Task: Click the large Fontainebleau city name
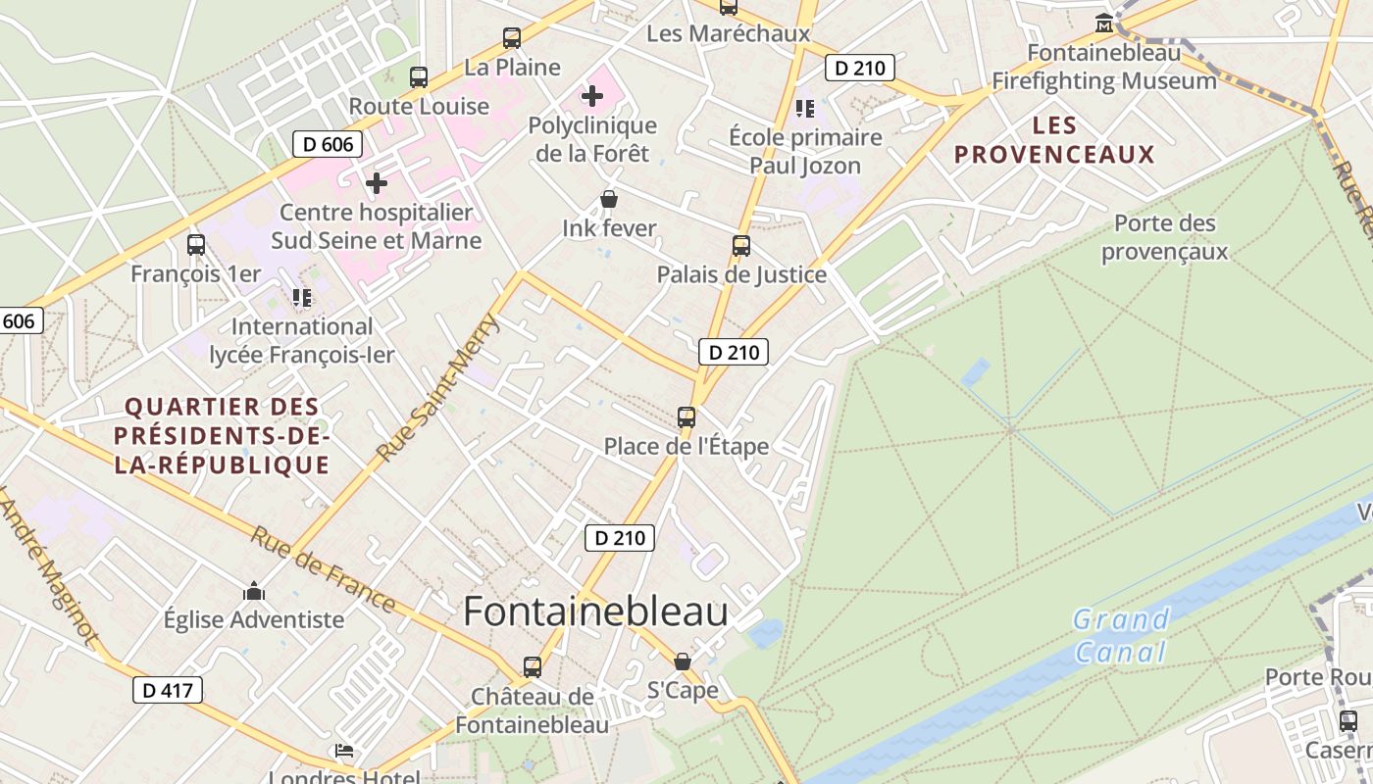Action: [595, 612]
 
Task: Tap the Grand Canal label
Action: [1121, 635]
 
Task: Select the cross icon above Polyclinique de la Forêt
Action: [592, 96]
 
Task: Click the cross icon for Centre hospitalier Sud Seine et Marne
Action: [376, 183]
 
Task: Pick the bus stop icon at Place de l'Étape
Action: [686, 416]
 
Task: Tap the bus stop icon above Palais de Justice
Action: [741, 245]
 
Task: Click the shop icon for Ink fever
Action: [609, 200]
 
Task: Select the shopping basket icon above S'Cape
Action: [683, 662]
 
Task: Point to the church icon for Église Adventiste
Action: [254, 592]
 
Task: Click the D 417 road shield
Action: [168, 690]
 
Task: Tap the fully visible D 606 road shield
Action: [328, 144]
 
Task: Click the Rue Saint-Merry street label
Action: [438, 388]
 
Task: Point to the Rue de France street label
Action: [323, 568]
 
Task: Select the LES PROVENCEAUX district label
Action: [1054, 140]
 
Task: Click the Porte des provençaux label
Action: [1164, 237]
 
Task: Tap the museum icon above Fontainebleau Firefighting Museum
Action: [1104, 24]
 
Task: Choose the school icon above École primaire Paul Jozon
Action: [805, 108]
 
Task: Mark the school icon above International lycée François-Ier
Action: [302, 297]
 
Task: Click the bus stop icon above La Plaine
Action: [512, 38]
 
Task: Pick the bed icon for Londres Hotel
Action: [344, 751]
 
